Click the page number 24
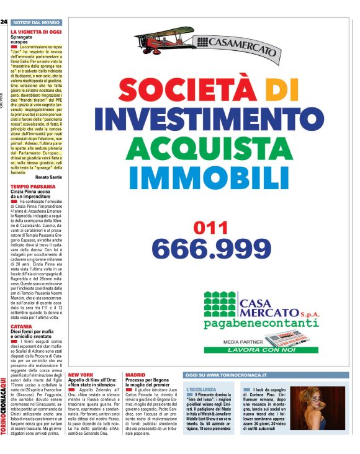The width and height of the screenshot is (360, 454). pyautogui.click(x=4, y=22)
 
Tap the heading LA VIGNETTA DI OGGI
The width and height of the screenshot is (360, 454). pyautogui.click(x=36, y=30)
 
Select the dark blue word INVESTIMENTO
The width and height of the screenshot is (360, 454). pyautogui.click(x=208, y=118)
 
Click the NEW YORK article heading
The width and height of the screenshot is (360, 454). pyautogui.click(x=81, y=375)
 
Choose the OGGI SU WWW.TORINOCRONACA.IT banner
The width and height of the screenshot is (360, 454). pyautogui.click(x=227, y=375)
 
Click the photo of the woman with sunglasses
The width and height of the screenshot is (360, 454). pyautogui.click(x=312, y=411)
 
